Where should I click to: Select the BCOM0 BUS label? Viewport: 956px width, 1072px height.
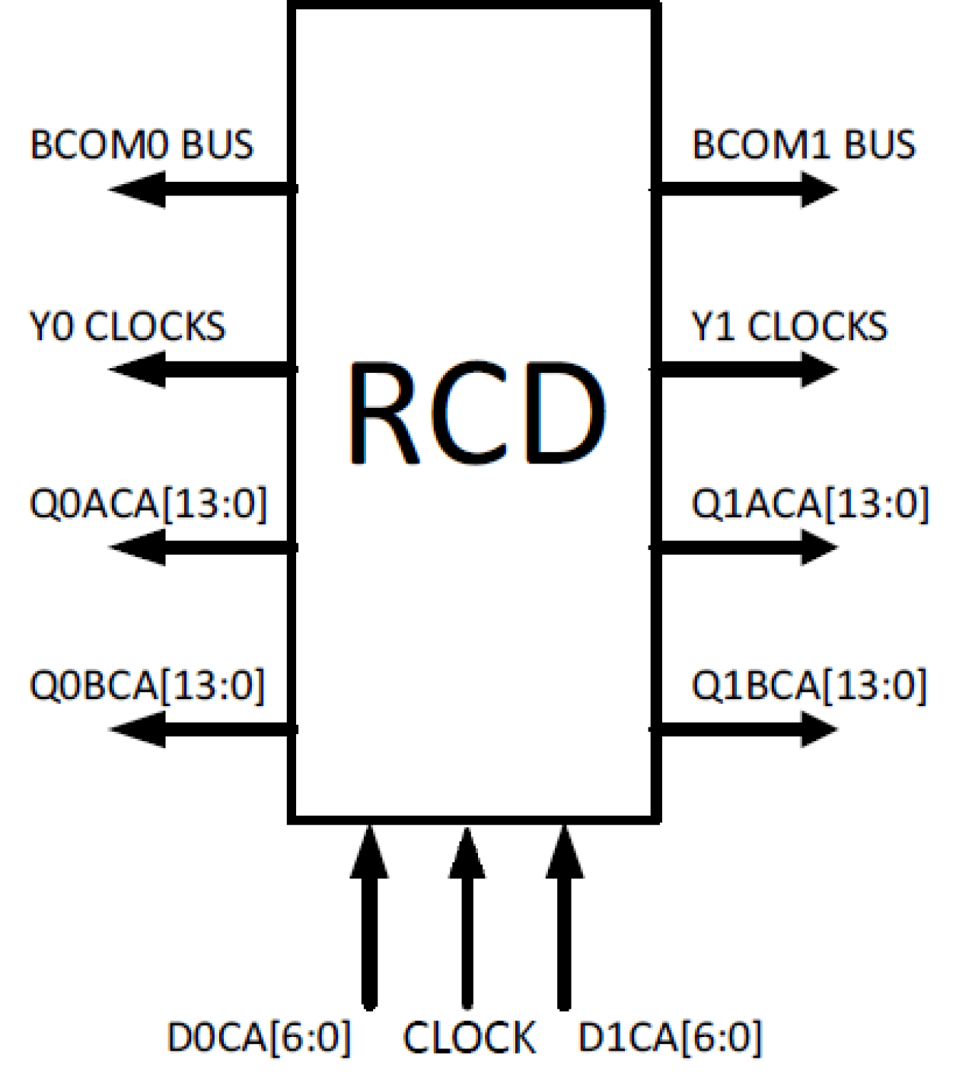click(x=142, y=145)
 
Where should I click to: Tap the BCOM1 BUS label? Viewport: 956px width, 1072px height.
click(x=803, y=145)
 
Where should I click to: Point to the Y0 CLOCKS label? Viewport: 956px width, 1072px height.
click(x=127, y=326)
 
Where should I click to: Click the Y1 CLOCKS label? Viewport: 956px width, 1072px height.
click(x=789, y=326)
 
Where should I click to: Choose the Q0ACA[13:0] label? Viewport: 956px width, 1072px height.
click(x=148, y=504)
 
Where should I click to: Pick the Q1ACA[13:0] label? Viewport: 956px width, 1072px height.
click(x=810, y=504)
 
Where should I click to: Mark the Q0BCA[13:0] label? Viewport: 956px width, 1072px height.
click(x=147, y=685)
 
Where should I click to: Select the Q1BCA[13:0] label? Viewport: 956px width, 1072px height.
click(x=809, y=685)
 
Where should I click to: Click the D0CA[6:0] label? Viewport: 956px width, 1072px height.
click(x=259, y=1037)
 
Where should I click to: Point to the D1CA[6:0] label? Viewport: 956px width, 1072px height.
click(x=670, y=1037)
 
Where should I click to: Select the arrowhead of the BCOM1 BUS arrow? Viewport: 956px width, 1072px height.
click(x=817, y=189)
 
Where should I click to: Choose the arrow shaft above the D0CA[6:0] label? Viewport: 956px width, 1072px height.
click(x=369, y=943)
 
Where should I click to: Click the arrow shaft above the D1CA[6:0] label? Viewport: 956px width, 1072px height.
click(x=564, y=943)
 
